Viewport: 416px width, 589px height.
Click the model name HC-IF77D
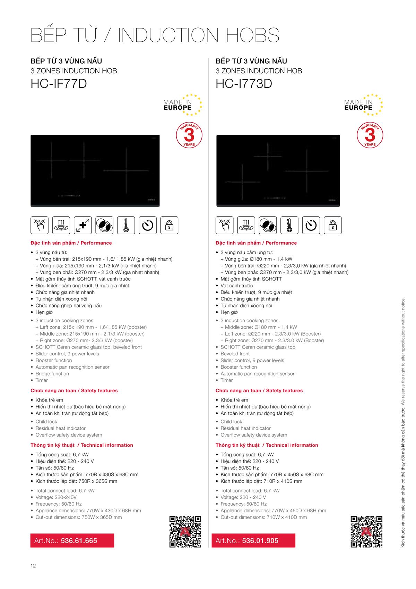point(59,84)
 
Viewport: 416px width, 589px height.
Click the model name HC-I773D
point(244,84)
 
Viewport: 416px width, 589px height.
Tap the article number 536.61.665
point(79,540)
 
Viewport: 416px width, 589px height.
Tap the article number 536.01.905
point(260,540)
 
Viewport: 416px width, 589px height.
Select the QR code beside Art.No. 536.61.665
point(185,531)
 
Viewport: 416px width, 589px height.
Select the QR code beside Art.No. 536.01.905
point(366,531)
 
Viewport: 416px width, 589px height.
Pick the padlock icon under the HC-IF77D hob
point(170,225)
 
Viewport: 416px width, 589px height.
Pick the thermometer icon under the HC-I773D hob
point(289,225)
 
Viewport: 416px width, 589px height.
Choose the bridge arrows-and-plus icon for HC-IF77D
point(83,225)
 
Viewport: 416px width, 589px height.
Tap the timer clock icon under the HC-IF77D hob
point(148,225)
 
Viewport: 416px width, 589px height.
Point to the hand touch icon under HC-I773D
point(225,225)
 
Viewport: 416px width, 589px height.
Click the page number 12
point(33,566)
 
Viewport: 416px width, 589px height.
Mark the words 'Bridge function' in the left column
point(52,373)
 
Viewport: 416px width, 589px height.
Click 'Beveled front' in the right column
point(235,354)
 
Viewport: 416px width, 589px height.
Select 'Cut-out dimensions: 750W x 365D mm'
point(78,517)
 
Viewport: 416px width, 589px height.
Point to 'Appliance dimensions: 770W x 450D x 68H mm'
point(273,511)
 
